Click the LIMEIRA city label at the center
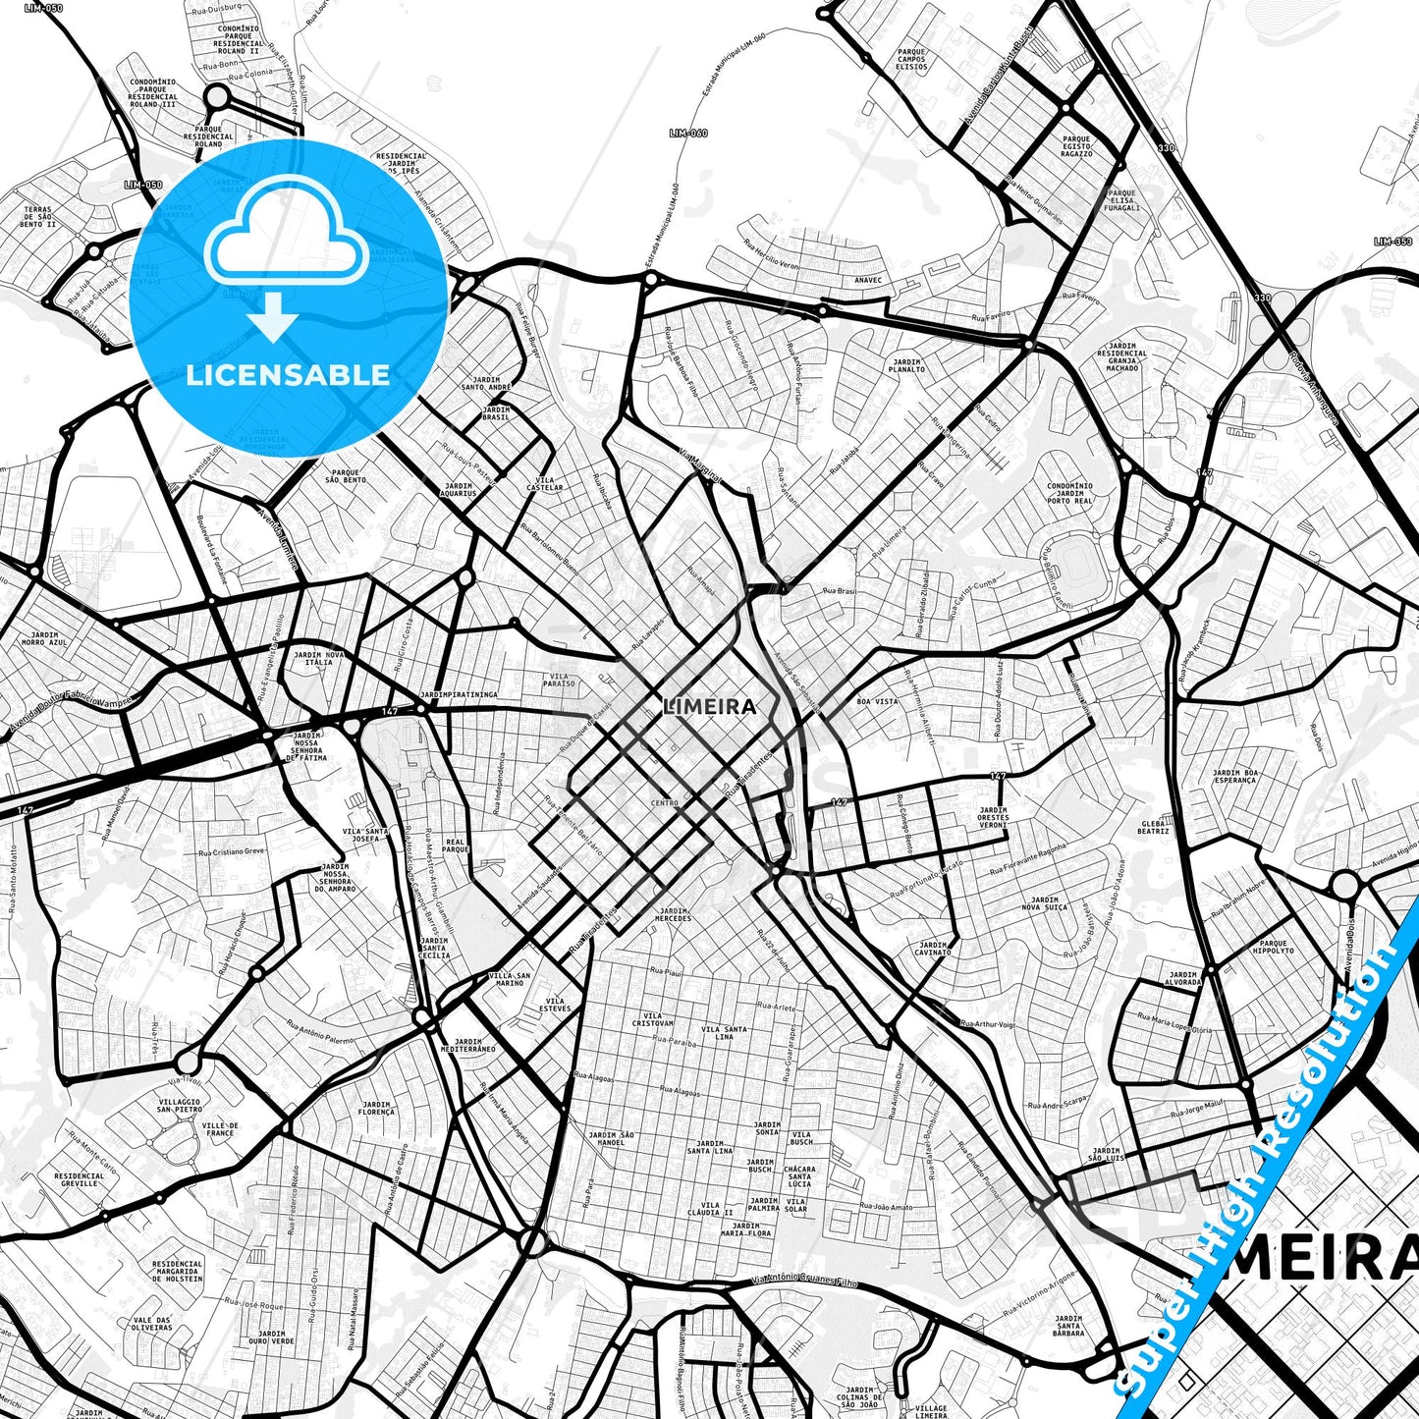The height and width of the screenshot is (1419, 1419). coord(710,706)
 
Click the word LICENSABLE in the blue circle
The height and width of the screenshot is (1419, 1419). coord(287,374)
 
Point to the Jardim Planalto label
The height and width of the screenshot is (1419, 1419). coord(906,365)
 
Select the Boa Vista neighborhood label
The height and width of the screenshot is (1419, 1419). coord(877,701)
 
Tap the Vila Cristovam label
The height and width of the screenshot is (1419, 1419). coord(653,1020)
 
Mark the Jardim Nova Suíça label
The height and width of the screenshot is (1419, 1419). coord(1045,903)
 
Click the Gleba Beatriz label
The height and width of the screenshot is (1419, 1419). coord(1154,827)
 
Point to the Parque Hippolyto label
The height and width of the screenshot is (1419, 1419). coord(1272,948)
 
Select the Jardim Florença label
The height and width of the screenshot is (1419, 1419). coord(376,1109)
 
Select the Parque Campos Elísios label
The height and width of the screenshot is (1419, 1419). coord(911,59)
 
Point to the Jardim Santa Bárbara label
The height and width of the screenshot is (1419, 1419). coord(1068,1326)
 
